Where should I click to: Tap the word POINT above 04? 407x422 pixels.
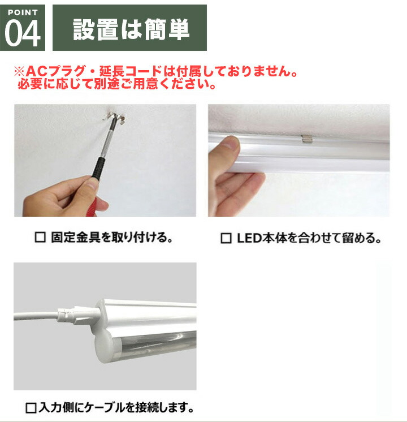pos(23,12)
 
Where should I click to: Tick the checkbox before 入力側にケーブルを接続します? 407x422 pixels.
pos(31,407)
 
